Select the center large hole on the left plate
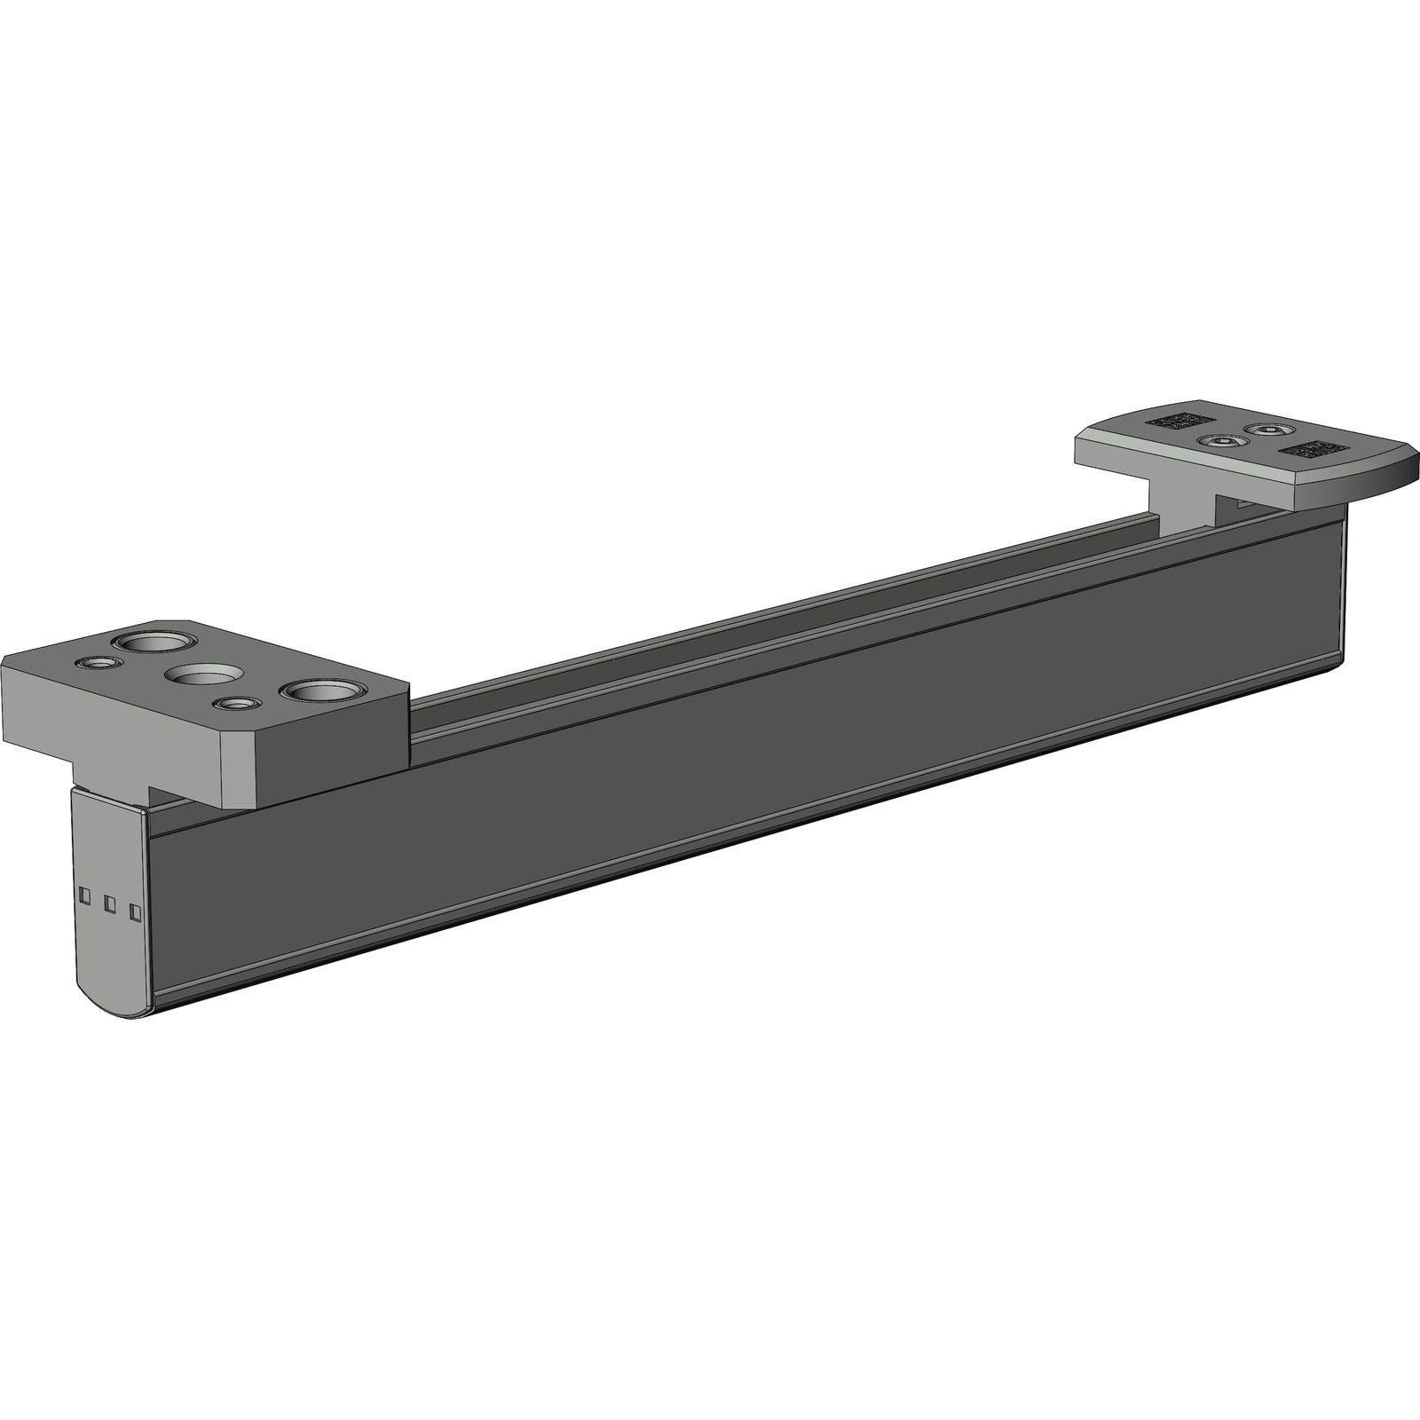tap(203, 674)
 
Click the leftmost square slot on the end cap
tap(84, 895)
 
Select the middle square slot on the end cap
tap(110, 903)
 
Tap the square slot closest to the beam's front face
tap(136, 911)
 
